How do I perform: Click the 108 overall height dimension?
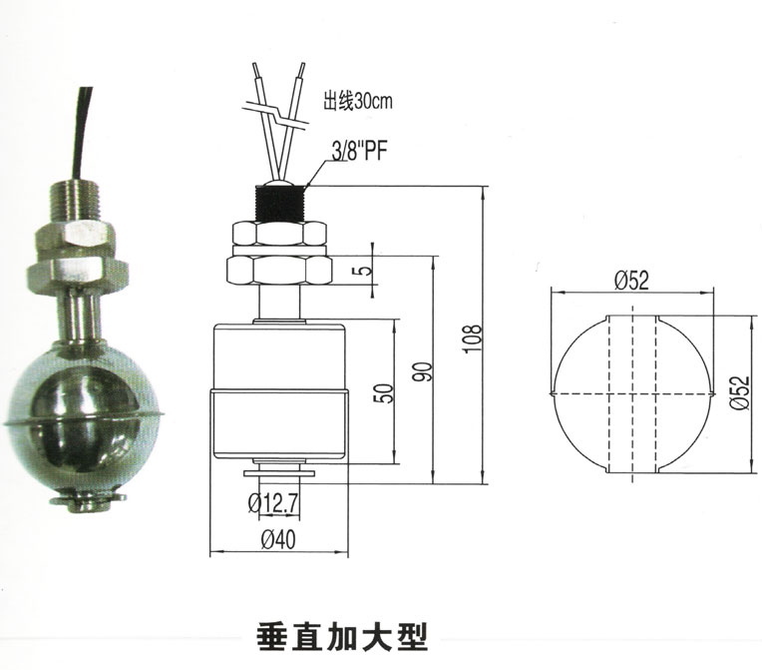point(473,338)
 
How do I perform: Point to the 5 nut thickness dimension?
point(366,269)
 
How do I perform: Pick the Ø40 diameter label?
point(278,539)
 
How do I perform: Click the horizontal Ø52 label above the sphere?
point(631,281)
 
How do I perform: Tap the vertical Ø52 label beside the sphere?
point(740,393)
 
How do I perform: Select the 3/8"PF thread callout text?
point(360,152)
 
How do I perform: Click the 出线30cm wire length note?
point(358,101)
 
